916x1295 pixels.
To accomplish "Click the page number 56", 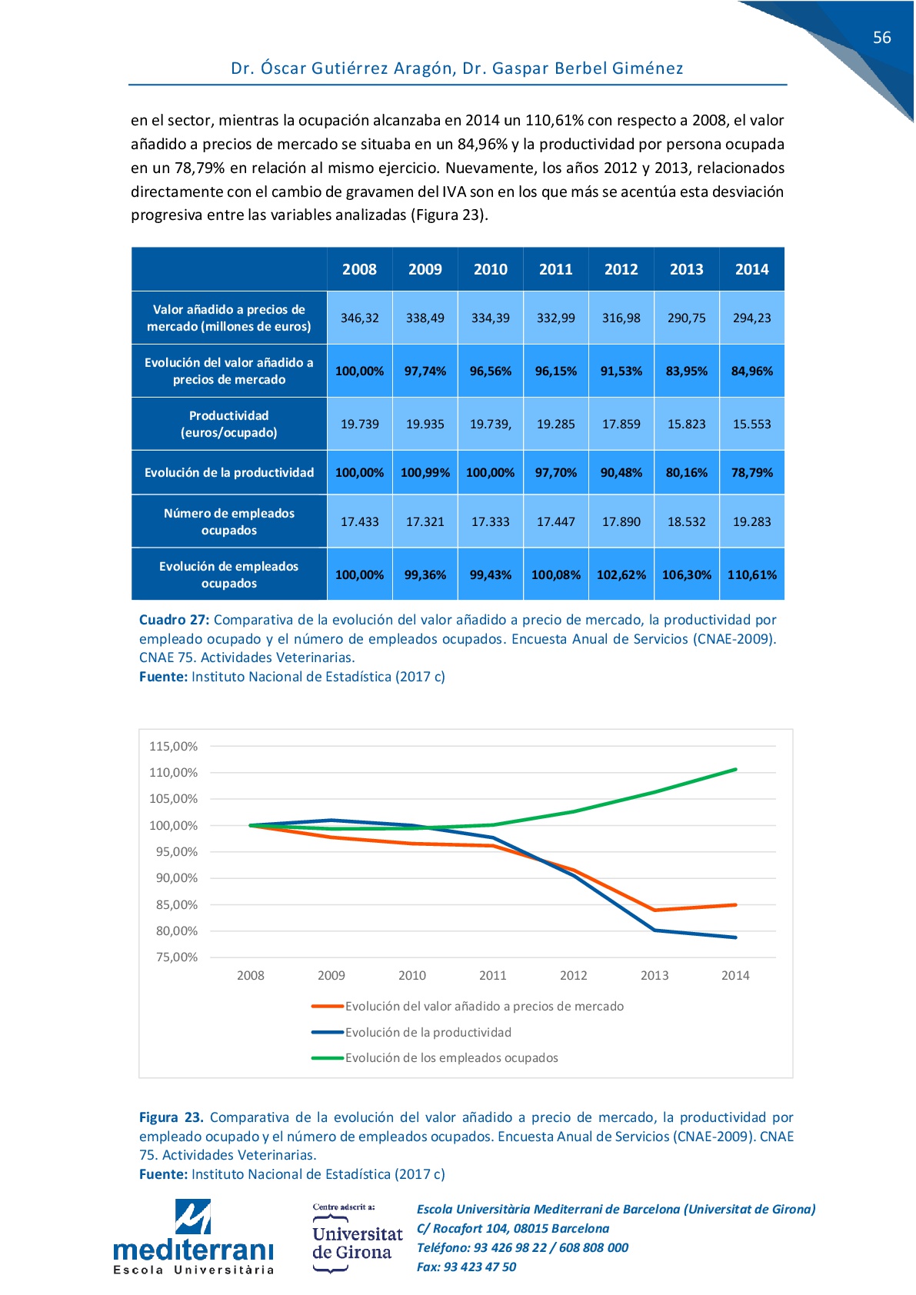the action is click(881, 38).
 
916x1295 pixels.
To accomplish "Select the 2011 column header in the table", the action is click(555, 269).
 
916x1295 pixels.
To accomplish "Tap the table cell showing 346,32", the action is click(360, 318).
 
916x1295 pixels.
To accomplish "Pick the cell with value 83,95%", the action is click(686, 371).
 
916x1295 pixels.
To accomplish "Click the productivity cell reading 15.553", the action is click(751, 424).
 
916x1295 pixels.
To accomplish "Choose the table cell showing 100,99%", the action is click(425, 472).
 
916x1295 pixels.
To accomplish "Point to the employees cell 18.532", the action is click(686, 521).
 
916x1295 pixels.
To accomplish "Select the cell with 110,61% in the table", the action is click(751, 574).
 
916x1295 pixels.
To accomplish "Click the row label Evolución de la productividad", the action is click(229, 472).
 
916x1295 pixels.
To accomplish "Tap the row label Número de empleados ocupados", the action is click(229, 521).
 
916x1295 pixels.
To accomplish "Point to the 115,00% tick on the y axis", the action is click(174, 747).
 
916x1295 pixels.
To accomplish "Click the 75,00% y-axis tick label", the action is click(176, 957).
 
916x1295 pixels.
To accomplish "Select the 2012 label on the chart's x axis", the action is click(573, 975).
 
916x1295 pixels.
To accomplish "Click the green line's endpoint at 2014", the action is click(735, 769).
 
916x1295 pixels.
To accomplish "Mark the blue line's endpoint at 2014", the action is click(735, 937).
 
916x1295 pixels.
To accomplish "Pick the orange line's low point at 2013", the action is click(655, 910).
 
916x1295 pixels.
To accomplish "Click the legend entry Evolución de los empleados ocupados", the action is click(435, 1057).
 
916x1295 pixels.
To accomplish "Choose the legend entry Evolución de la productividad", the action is click(411, 1032).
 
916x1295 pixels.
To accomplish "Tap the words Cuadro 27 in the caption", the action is click(174, 620).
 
